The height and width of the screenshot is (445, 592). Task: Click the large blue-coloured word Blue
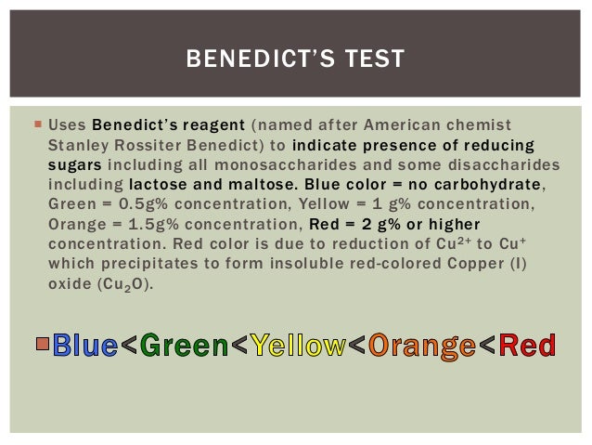pos(85,347)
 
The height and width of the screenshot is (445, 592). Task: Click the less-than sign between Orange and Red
pos(487,347)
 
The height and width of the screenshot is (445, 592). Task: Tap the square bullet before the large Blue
pos(42,344)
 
